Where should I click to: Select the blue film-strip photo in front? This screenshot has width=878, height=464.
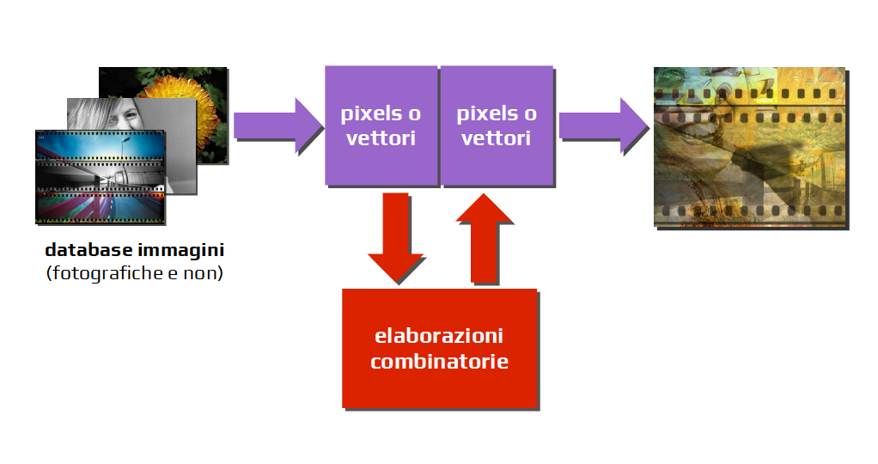point(99,176)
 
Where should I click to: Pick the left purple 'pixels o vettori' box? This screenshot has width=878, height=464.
point(381,125)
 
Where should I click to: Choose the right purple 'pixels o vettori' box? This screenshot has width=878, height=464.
point(497,125)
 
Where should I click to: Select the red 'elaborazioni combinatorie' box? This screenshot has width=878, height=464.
point(439,348)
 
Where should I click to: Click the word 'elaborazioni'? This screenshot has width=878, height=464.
point(439,335)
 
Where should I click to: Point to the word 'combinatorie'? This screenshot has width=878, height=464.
point(439,361)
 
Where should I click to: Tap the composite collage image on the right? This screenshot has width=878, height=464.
point(750,147)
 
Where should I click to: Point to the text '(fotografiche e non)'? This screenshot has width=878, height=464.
point(134,274)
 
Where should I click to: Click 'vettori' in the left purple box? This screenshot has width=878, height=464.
point(381,137)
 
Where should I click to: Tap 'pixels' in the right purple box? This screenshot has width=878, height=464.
point(479,113)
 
